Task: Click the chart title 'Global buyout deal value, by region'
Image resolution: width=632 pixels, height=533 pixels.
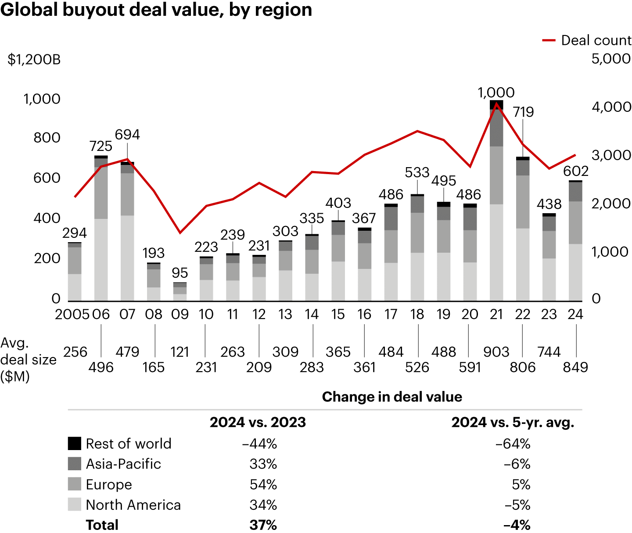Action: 156,10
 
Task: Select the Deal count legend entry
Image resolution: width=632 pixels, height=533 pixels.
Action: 587,40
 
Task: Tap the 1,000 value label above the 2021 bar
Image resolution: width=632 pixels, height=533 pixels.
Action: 496,93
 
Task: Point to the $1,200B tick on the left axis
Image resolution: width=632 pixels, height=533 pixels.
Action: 34,59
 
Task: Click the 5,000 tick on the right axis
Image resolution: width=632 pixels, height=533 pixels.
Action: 611,58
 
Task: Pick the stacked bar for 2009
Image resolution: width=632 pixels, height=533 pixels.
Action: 180,292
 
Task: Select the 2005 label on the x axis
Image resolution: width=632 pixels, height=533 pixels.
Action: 72,314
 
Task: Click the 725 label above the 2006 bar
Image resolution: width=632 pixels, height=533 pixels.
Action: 101,146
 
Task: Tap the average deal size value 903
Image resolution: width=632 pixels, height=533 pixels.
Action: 496,352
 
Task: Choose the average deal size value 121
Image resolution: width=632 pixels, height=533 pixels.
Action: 180,352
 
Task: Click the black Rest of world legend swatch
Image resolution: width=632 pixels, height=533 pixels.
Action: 75,444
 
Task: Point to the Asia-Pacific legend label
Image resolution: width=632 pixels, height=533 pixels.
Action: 123,464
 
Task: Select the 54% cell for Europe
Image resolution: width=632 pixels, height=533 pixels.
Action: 263,484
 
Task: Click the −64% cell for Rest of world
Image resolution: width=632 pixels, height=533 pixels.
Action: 513,444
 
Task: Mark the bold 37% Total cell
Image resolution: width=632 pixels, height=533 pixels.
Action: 263,525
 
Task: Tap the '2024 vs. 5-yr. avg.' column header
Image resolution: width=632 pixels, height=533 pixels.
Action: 513,422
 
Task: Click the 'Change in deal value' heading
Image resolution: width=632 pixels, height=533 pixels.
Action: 392,397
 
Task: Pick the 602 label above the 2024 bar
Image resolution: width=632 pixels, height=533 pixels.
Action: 575,171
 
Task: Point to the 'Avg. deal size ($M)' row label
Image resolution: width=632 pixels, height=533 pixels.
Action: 28,359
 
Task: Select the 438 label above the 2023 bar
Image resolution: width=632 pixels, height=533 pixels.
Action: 549,204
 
